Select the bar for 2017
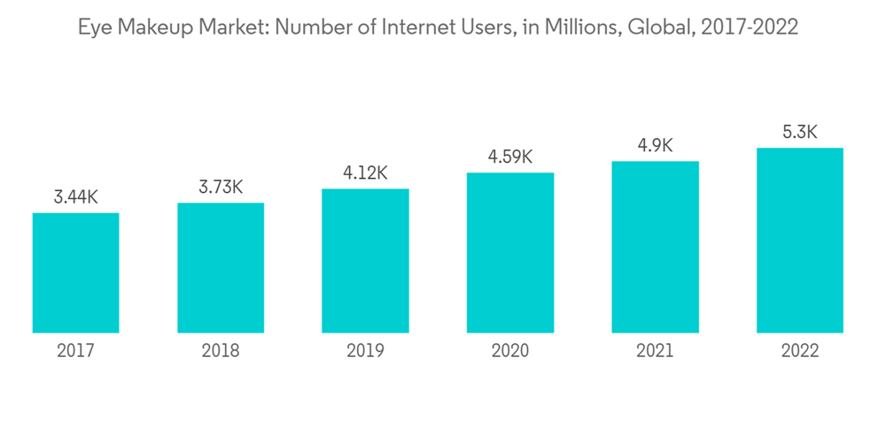point(75,273)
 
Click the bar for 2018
point(221,267)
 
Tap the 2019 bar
point(365,260)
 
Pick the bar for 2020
point(510,252)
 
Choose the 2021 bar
point(655,247)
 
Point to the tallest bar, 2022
point(800,240)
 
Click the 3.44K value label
point(75,197)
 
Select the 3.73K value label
point(221,188)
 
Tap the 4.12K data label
point(365,173)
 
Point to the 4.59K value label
point(510,158)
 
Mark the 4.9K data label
point(655,146)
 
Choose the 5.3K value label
point(800,133)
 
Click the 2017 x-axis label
point(75,350)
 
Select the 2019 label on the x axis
point(365,350)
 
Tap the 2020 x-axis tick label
point(510,350)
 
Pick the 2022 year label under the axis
point(800,350)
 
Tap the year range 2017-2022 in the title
point(750,27)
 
